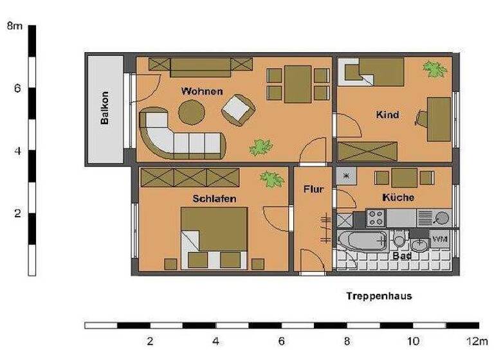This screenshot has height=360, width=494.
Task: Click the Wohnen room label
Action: click(x=202, y=91)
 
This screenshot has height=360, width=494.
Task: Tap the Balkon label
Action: click(x=105, y=109)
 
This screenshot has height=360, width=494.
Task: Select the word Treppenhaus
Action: click(x=379, y=296)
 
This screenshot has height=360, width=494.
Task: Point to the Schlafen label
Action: click(x=214, y=199)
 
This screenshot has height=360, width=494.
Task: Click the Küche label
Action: click(x=398, y=197)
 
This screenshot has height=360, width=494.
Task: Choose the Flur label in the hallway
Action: click(x=313, y=190)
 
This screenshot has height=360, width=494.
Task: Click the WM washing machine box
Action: click(x=440, y=239)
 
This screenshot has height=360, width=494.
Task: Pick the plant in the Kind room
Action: click(x=435, y=69)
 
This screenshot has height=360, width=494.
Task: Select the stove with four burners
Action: click(x=375, y=219)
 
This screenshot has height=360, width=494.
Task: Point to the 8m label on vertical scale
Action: click(x=14, y=26)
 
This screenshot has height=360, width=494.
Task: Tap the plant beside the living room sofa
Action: click(x=261, y=147)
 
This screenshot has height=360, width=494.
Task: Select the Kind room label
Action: click(x=387, y=115)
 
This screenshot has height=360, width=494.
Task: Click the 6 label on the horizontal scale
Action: click(x=281, y=341)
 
